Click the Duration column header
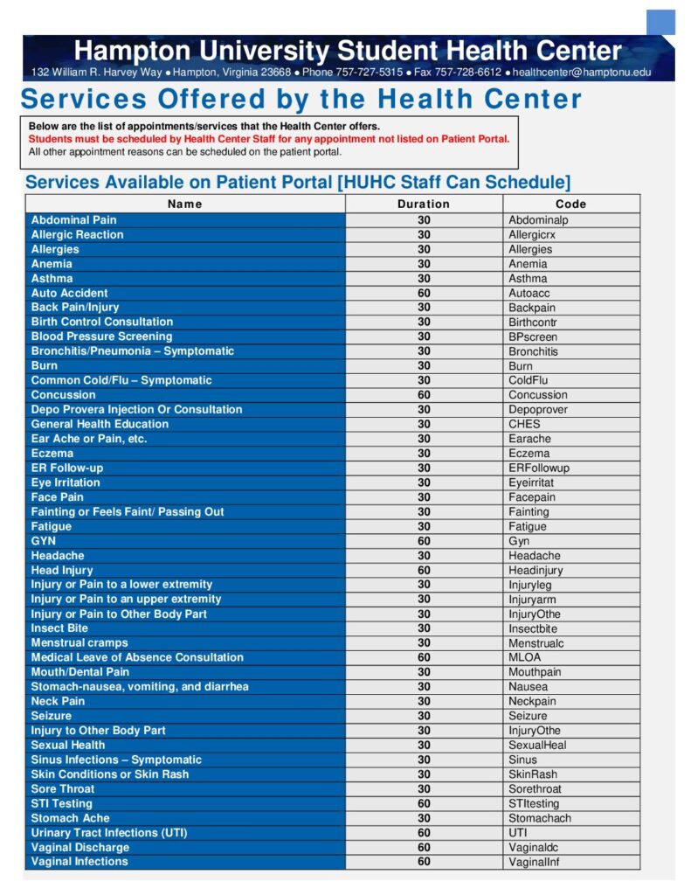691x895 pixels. pos(424,204)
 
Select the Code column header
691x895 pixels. pos(570,204)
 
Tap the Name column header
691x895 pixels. pos(184,204)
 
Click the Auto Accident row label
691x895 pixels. pos(70,293)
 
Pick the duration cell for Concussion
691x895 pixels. pos(424,395)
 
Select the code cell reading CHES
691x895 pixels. pos(524,424)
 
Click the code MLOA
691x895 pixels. pos(525,657)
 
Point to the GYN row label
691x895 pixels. pos(44,541)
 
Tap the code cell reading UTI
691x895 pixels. pos(518,833)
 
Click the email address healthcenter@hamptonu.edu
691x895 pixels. pos(582,72)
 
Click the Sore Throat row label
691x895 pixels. pos(63,788)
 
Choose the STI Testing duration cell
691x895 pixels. pos(424,803)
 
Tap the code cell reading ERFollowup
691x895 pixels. pos(539,468)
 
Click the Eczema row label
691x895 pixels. pos(52,454)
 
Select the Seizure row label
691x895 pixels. pos(52,716)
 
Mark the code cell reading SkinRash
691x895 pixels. pos(533,774)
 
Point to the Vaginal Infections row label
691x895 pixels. pos(79,862)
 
